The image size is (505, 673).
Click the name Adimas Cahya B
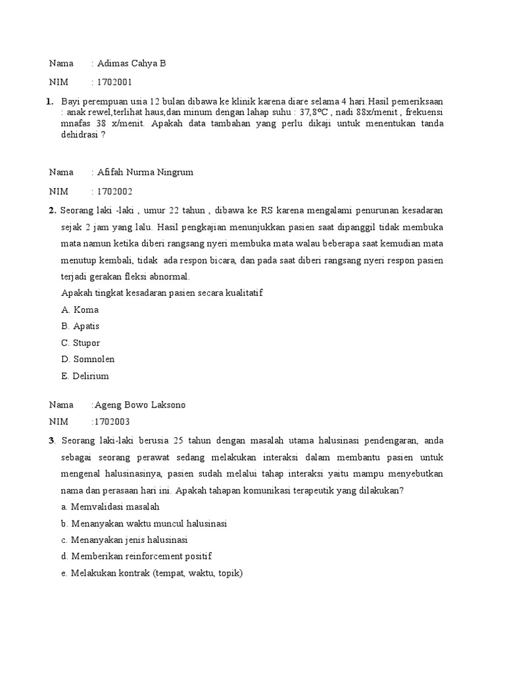(132, 64)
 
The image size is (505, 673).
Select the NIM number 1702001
(114, 83)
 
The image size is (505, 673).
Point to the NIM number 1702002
(114, 192)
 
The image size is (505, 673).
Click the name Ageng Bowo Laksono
(139, 405)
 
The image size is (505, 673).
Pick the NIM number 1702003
(112, 421)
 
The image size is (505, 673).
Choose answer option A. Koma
(80, 310)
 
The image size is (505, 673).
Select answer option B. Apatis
(80, 326)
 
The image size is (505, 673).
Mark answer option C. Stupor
(80, 343)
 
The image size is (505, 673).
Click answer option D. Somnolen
(87, 360)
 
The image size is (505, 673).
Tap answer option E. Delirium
(85, 377)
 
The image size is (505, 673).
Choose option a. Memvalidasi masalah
(110, 507)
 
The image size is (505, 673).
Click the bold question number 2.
(51, 210)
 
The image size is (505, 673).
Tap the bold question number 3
(51, 440)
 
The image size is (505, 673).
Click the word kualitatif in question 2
(243, 292)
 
